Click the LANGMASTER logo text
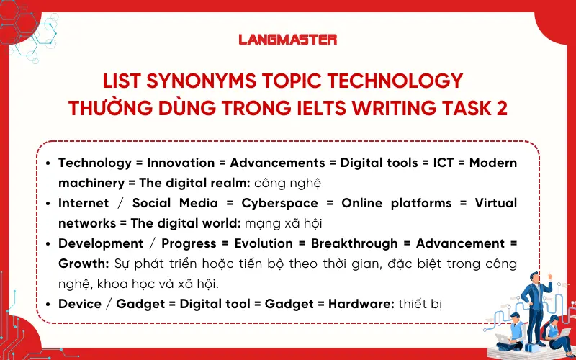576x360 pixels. (x=287, y=40)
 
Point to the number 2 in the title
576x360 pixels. (x=501, y=108)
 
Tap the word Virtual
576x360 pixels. (x=495, y=203)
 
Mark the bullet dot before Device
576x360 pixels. (x=48, y=304)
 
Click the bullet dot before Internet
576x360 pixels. (x=48, y=203)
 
